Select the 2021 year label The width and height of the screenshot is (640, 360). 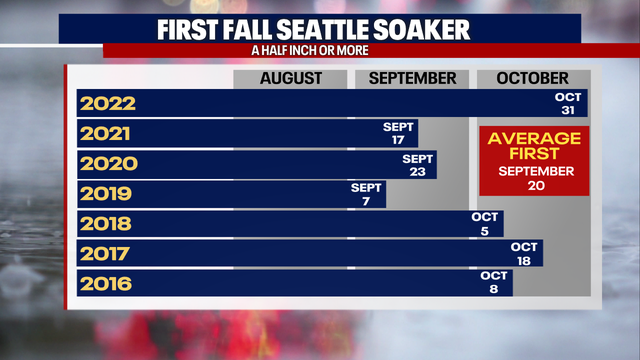pos(106,134)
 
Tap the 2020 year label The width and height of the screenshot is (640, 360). pos(107,164)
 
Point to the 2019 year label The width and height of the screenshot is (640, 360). pos(106,194)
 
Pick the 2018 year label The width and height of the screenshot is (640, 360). pos(106,224)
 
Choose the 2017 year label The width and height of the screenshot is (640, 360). pos(106,254)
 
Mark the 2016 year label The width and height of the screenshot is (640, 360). pos(106,284)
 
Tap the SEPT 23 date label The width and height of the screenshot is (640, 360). pos(418,164)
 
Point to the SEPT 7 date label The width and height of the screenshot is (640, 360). pos(367,194)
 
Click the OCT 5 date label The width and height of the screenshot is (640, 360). pos(486,224)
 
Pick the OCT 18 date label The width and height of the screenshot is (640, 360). pos(524,254)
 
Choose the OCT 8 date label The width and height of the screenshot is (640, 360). pos(494,283)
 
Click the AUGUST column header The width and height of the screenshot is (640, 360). pos(291,78)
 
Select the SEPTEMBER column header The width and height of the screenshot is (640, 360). pos(412,78)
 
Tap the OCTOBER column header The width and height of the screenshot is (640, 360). pos(531,78)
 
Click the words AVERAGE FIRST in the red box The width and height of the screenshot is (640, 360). pos(533,145)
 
